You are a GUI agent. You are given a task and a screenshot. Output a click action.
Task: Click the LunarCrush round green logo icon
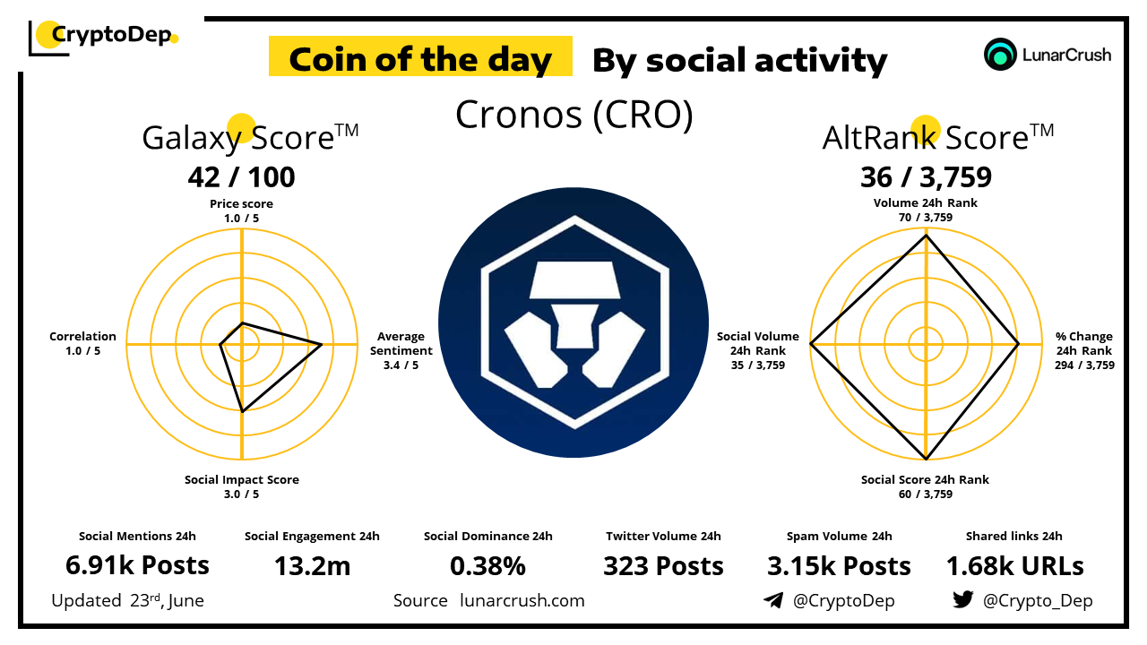coord(1000,55)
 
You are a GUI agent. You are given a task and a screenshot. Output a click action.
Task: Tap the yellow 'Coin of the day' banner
coord(420,56)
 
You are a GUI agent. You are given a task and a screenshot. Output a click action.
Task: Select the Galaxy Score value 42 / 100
coord(241,177)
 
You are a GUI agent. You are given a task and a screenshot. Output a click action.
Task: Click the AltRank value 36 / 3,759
coord(926,177)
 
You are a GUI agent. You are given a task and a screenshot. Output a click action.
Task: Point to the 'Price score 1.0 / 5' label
coord(241,211)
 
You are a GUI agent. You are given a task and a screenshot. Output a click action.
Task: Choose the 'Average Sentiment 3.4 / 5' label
coord(401,350)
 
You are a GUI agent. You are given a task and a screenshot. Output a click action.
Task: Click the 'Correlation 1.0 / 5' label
coord(82,343)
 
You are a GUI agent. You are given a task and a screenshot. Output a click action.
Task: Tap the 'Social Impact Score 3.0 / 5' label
coord(242,486)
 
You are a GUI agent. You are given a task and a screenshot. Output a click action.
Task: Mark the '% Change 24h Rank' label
coord(1084,343)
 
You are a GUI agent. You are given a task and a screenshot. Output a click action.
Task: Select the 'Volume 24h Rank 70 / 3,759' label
coord(926,210)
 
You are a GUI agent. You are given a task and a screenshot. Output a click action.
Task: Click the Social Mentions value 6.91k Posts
coord(137,565)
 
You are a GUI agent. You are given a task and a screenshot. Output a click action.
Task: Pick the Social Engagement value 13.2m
coord(313,566)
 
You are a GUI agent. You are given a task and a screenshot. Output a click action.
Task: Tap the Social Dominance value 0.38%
coord(488,566)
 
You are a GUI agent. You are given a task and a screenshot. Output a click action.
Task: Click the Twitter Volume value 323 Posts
coord(664,566)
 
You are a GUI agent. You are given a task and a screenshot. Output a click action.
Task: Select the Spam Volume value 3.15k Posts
coord(840,566)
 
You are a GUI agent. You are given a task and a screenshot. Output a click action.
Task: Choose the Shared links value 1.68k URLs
coord(1015,566)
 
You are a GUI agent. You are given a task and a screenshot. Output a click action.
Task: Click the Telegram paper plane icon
coord(773,600)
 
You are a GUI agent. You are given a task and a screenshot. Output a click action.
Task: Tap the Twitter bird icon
coord(963,599)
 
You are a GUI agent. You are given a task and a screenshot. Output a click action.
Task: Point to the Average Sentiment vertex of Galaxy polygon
coord(322,345)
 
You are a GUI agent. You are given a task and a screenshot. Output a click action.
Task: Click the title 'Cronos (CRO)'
coord(574,115)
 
